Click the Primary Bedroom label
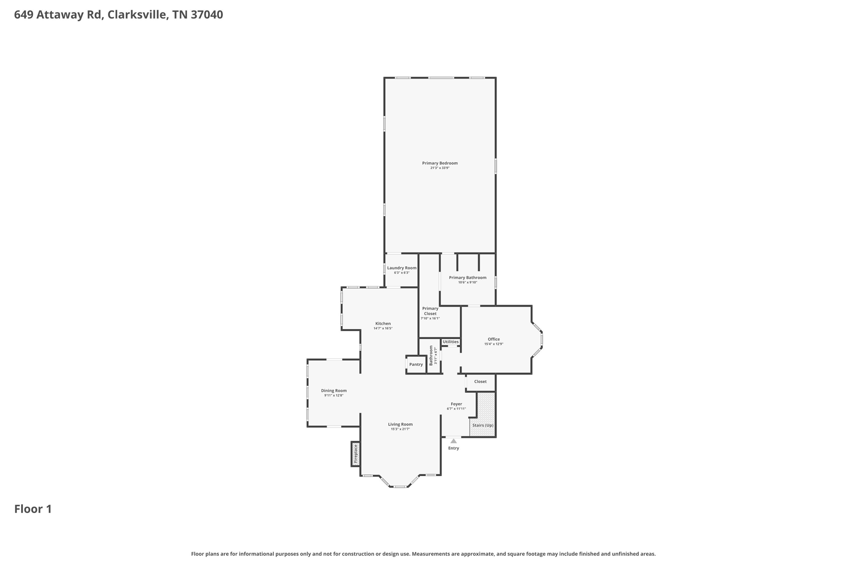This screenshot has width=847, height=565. click(x=440, y=163)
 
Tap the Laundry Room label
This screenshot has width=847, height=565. click(x=402, y=268)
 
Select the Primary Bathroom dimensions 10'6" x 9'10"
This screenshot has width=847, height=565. click(x=467, y=283)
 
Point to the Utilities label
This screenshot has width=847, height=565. click(x=450, y=342)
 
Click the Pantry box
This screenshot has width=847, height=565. click(x=416, y=365)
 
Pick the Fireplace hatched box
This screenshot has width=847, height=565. click(x=355, y=454)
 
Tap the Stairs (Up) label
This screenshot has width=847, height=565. click(x=483, y=426)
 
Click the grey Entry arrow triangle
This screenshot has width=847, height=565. click(x=453, y=441)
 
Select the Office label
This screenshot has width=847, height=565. click(x=493, y=339)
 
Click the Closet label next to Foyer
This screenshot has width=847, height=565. click(x=480, y=382)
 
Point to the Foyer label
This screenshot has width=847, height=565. click(x=456, y=404)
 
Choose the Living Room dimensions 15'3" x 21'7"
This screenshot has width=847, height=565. click(x=400, y=429)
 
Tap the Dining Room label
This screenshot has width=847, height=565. click(x=334, y=391)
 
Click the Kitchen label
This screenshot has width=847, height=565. click(x=383, y=324)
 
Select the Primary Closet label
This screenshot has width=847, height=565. click(x=430, y=311)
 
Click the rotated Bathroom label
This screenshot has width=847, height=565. click(x=431, y=356)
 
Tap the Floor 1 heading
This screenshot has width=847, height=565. click(x=33, y=509)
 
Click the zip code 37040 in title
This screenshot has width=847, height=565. click(x=207, y=15)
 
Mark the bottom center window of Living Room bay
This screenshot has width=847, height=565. click(x=400, y=487)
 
